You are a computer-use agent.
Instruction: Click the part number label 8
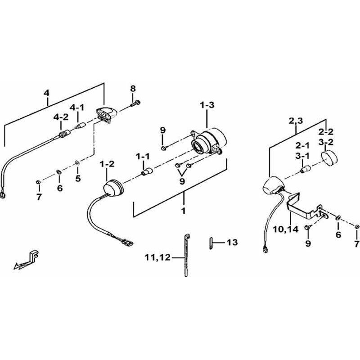click(133, 89)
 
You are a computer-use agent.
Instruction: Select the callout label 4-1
click(77, 108)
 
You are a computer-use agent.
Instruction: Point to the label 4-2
click(61, 117)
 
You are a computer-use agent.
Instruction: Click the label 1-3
click(207, 105)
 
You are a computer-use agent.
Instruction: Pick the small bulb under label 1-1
click(146, 171)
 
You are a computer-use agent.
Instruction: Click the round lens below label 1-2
click(113, 186)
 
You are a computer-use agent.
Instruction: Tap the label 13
click(232, 242)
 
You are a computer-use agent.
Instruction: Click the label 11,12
click(158, 257)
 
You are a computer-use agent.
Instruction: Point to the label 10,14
click(286, 229)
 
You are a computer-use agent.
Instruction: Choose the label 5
click(78, 178)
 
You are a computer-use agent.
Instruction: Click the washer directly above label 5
click(77, 163)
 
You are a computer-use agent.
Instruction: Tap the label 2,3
click(296, 121)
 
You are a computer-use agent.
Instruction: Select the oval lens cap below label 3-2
click(329, 157)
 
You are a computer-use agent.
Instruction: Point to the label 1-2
click(107, 164)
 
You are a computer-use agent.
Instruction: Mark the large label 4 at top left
click(47, 93)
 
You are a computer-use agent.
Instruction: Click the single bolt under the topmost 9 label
click(164, 148)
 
